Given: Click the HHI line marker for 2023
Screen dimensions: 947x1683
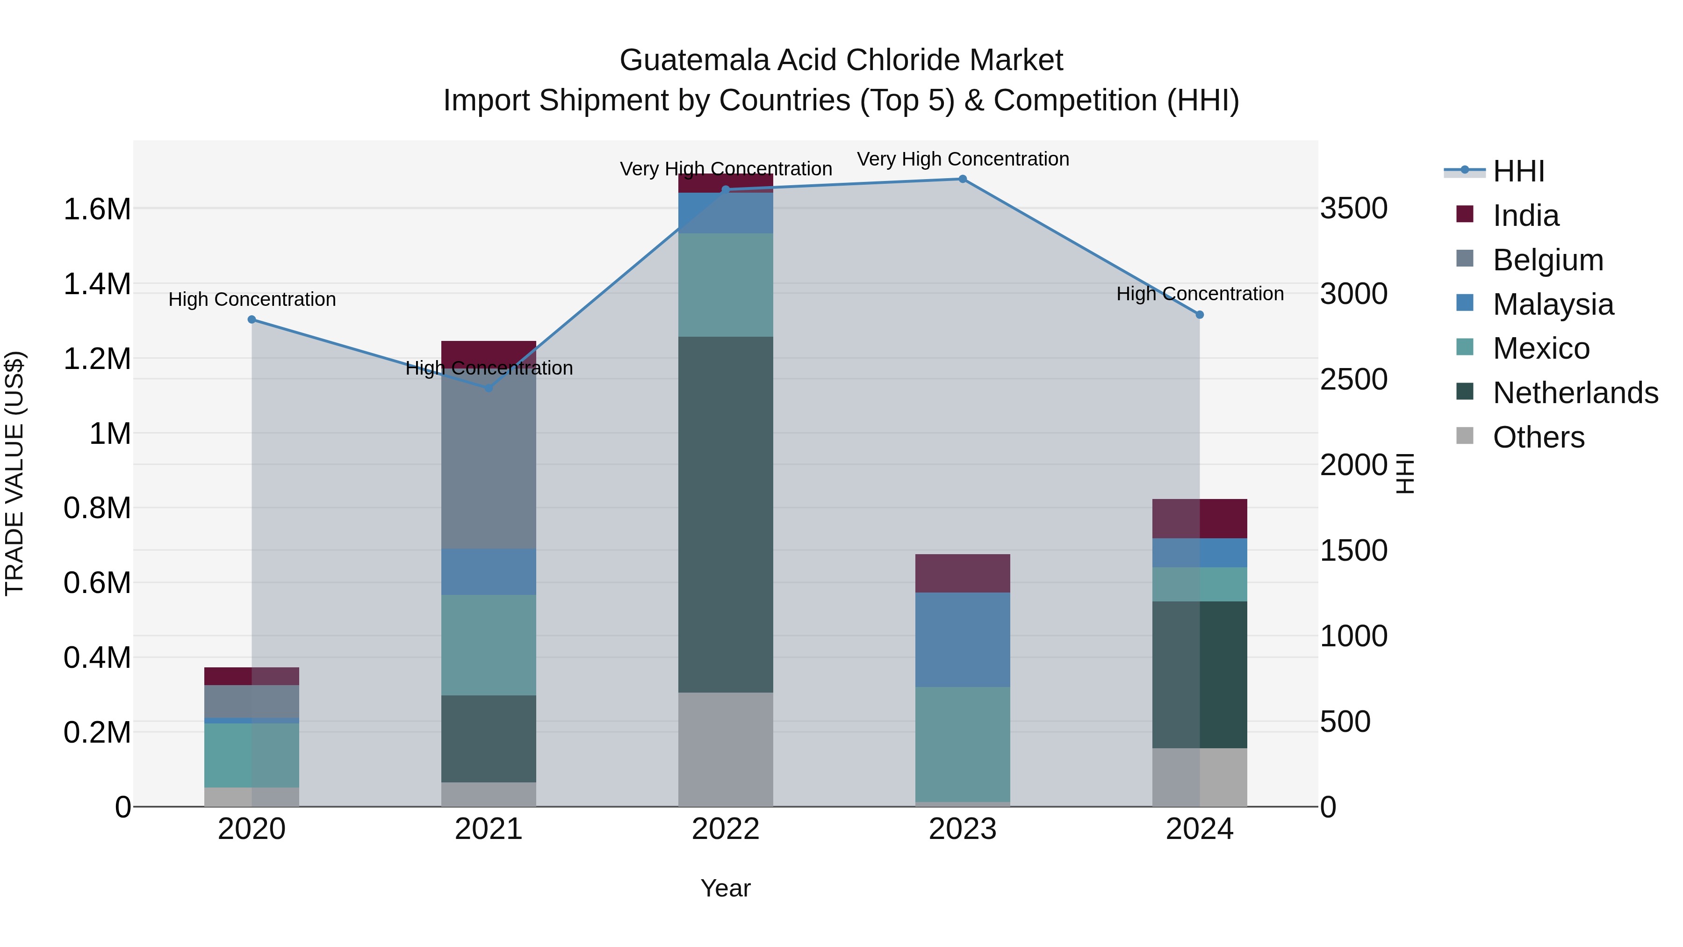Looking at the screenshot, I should pos(963,179).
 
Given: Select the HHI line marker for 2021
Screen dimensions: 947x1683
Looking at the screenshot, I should pos(489,388).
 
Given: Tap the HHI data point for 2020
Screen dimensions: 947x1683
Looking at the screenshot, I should pos(252,319).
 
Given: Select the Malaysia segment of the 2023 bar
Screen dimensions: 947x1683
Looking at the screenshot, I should pos(963,639).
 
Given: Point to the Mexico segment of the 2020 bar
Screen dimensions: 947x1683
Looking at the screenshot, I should pos(252,755).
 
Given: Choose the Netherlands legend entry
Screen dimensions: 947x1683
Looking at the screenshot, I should pos(1575,393).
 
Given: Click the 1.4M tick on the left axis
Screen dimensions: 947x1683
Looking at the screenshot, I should pos(97,284).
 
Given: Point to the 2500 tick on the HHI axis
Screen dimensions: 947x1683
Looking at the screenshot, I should pos(1353,380).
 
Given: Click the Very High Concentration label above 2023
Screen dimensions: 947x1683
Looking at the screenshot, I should pos(963,159).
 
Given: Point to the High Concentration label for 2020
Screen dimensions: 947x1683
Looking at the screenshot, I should pos(252,299).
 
